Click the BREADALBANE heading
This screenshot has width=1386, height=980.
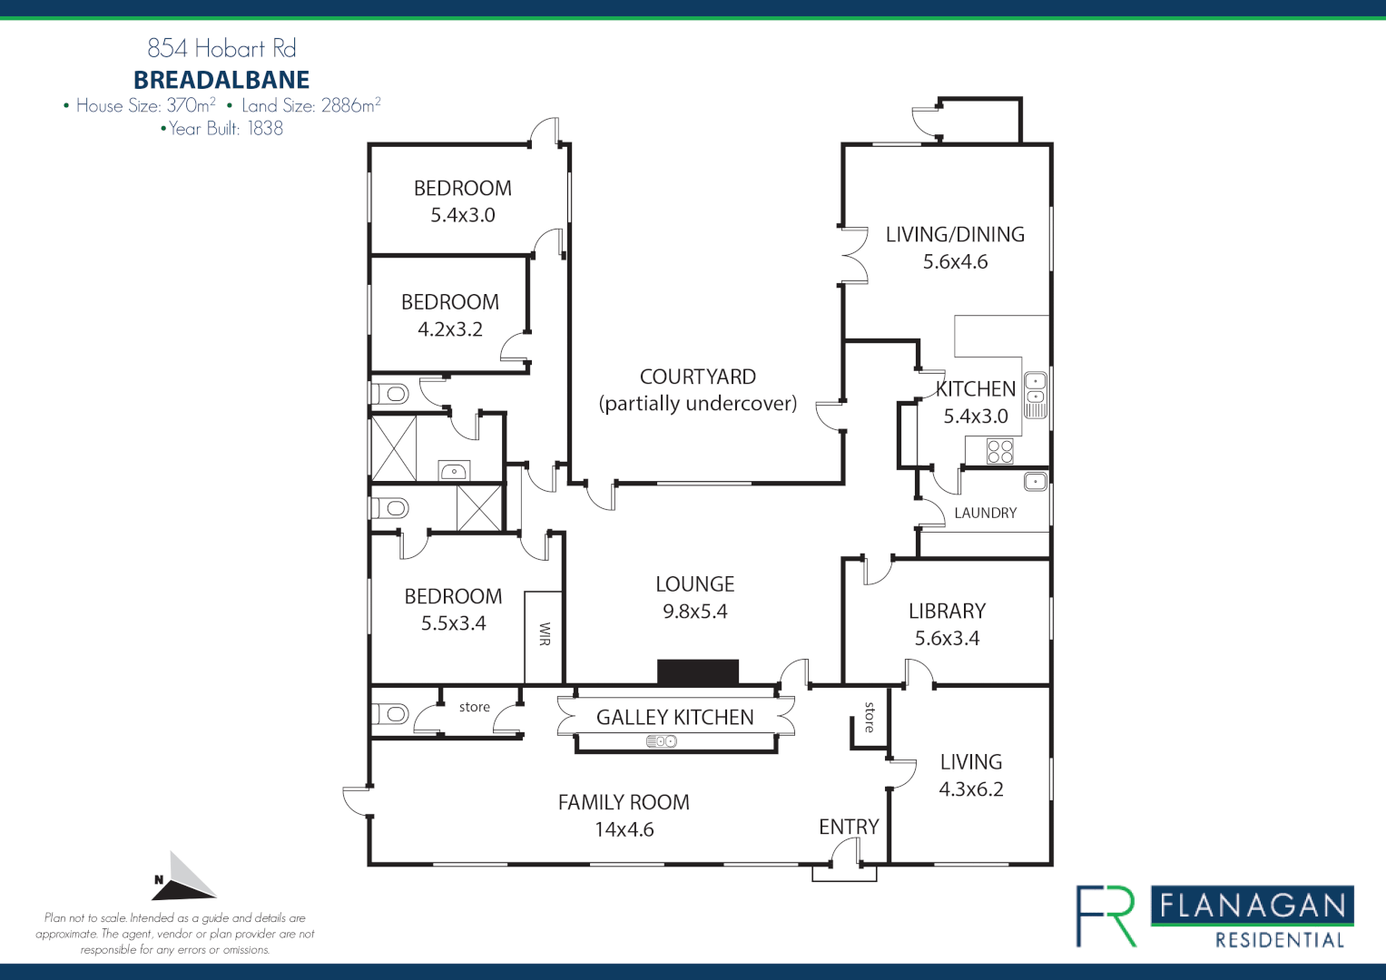click(221, 80)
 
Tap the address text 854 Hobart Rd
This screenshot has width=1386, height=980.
click(221, 48)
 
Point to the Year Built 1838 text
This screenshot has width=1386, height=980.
click(221, 129)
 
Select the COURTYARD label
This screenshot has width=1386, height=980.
click(697, 377)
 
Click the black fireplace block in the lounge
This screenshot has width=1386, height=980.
click(697, 672)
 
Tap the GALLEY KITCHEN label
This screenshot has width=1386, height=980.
click(674, 717)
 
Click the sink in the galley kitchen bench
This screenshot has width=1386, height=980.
click(662, 741)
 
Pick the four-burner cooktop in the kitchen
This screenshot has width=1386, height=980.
click(999, 451)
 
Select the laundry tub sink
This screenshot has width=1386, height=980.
click(1036, 481)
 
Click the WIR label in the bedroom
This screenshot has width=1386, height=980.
click(545, 633)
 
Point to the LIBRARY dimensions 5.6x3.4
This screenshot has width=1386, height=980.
click(947, 638)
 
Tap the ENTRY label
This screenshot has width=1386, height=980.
click(849, 827)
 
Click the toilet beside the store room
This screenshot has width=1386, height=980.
click(391, 714)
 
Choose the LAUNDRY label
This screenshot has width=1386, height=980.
click(985, 513)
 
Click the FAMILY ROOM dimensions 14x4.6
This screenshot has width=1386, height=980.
click(624, 829)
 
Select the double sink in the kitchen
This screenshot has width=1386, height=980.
click(1036, 395)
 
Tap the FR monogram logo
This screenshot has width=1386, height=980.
click(1106, 916)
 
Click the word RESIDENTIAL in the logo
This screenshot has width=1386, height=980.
click(1280, 940)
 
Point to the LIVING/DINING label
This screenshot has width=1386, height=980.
click(955, 234)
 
